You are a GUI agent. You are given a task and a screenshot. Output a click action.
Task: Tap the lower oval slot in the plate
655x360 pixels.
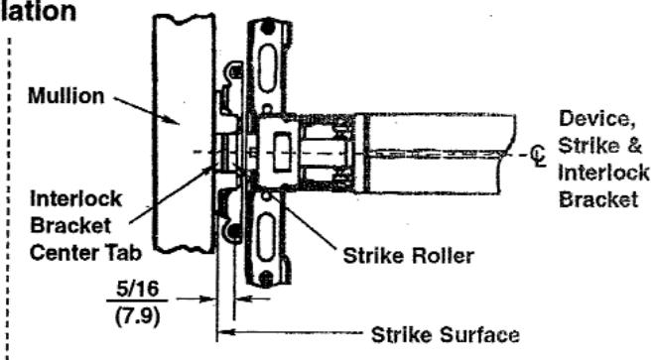pyautogui.click(x=267, y=238)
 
